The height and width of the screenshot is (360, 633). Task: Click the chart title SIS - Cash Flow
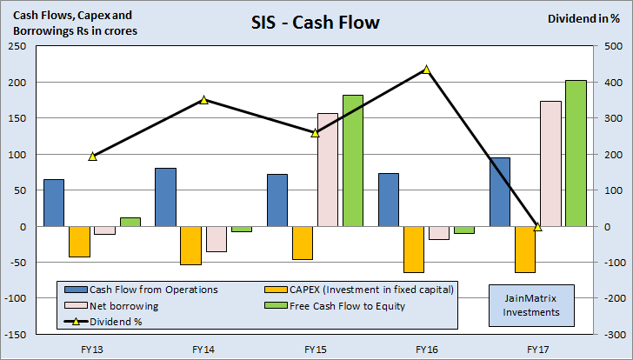[x=316, y=22]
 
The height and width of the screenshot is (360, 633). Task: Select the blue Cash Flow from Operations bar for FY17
[x=500, y=191]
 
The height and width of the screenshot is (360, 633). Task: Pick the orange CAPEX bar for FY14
[x=190, y=245]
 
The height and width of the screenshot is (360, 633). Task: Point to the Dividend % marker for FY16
[x=426, y=69]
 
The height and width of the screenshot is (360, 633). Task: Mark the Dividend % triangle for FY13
[x=93, y=157]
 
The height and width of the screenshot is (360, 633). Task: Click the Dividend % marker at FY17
[x=537, y=226]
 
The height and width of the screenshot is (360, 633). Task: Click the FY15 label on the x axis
[x=315, y=349]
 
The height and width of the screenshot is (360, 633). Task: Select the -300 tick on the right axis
[x=612, y=334]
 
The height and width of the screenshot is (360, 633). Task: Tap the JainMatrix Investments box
[x=530, y=305]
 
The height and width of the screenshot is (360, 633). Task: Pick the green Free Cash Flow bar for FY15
[x=353, y=161]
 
